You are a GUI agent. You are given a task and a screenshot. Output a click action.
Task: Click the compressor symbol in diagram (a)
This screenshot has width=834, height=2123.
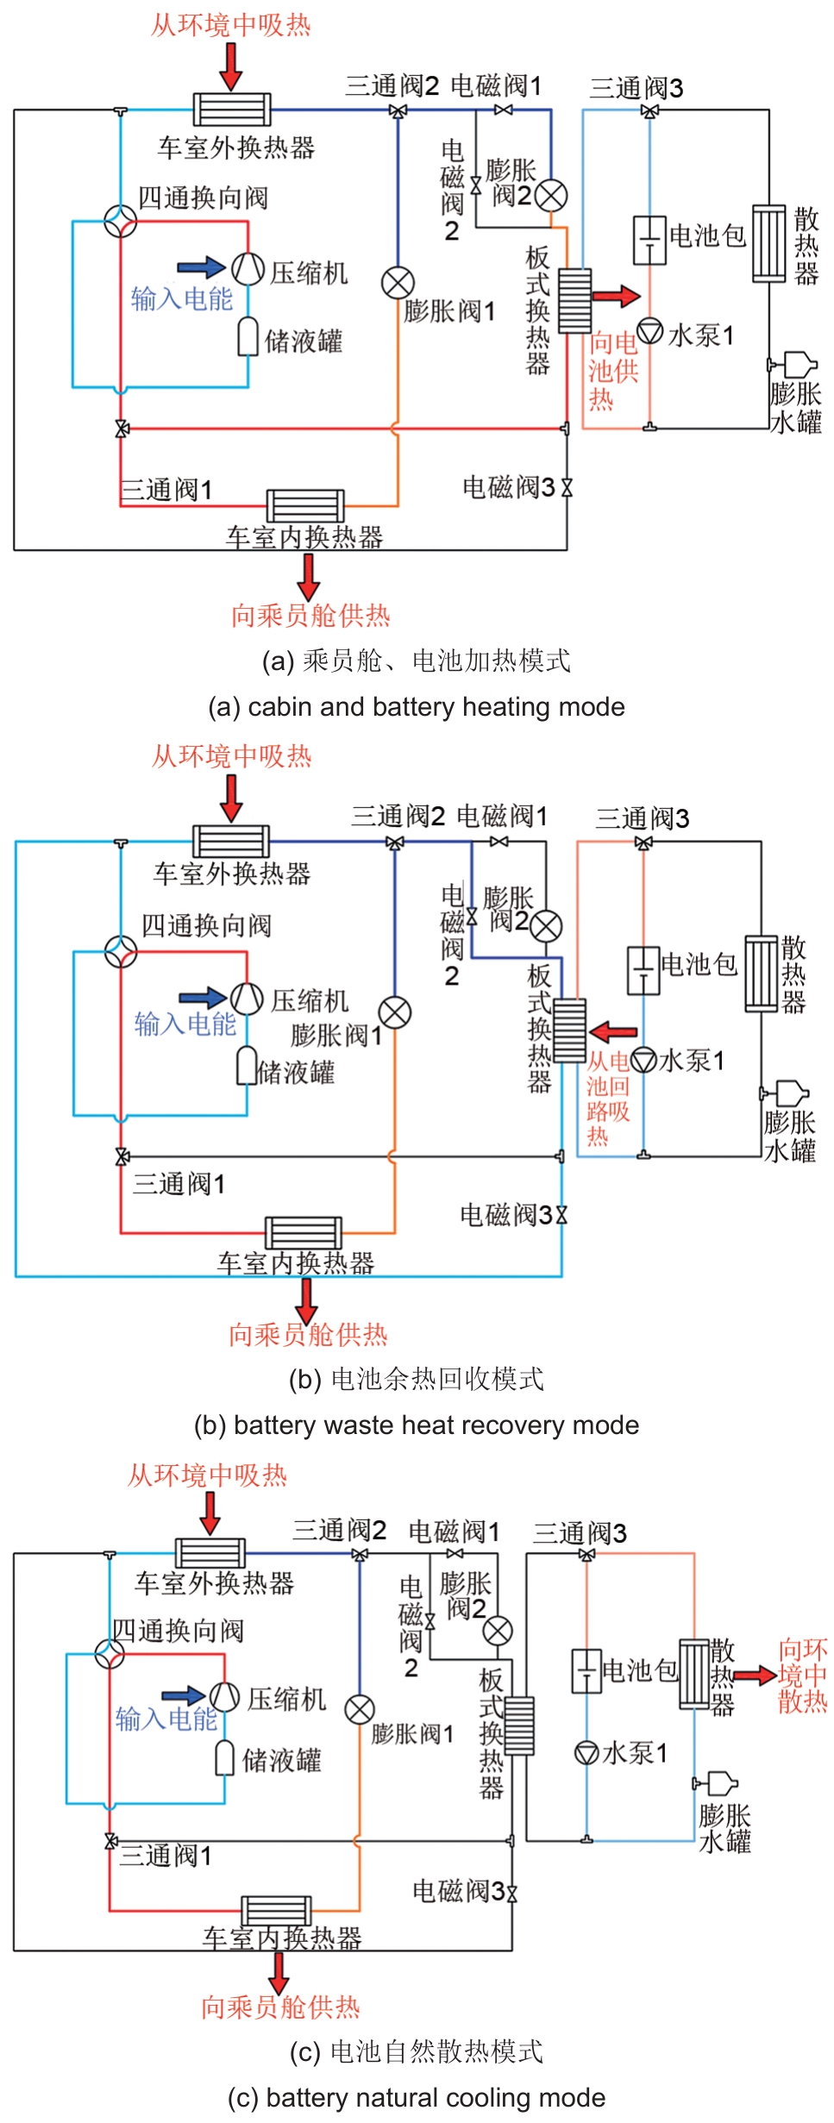[x=248, y=269]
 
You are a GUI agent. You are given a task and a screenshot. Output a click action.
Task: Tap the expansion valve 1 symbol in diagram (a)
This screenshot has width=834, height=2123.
[x=398, y=282]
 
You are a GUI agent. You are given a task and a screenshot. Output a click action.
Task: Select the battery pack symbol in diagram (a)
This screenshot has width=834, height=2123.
[x=649, y=239]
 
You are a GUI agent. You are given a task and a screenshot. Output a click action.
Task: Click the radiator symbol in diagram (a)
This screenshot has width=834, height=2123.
[x=768, y=243]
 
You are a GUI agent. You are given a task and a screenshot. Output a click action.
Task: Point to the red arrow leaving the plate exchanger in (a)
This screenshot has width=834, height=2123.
[x=617, y=297]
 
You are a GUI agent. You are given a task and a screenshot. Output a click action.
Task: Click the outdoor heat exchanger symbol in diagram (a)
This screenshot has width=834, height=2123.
[x=231, y=110]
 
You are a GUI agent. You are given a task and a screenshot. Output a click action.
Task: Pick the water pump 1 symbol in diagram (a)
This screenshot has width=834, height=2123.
[x=650, y=330]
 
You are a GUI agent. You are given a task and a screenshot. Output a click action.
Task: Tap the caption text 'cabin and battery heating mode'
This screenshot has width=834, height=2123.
[x=417, y=707]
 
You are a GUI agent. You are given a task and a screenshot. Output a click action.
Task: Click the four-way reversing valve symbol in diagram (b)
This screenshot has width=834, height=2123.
[x=121, y=952]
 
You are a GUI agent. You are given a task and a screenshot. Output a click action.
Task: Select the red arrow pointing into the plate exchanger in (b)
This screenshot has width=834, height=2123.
[x=613, y=1031]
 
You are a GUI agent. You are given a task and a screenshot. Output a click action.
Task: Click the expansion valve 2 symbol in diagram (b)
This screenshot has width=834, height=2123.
[x=546, y=928]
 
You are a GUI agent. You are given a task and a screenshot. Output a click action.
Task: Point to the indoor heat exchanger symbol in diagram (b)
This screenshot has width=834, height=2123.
[x=304, y=1232]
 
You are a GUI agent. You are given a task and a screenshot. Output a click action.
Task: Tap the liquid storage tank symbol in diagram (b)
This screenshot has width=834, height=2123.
[x=247, y=1066]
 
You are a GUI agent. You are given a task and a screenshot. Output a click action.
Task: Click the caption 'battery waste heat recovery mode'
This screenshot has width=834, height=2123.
[x=417, y=1425]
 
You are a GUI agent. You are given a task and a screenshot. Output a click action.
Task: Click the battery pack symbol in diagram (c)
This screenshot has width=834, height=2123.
[x=586, y=1671]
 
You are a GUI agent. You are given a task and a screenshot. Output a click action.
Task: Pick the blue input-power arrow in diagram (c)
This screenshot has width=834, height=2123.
[x=183, y=1696]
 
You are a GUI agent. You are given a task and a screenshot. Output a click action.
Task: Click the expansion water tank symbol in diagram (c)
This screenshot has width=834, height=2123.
[x=720, y=1783]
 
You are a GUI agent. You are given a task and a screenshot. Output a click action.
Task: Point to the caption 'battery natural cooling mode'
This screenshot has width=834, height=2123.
[x=417, y=2097]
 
